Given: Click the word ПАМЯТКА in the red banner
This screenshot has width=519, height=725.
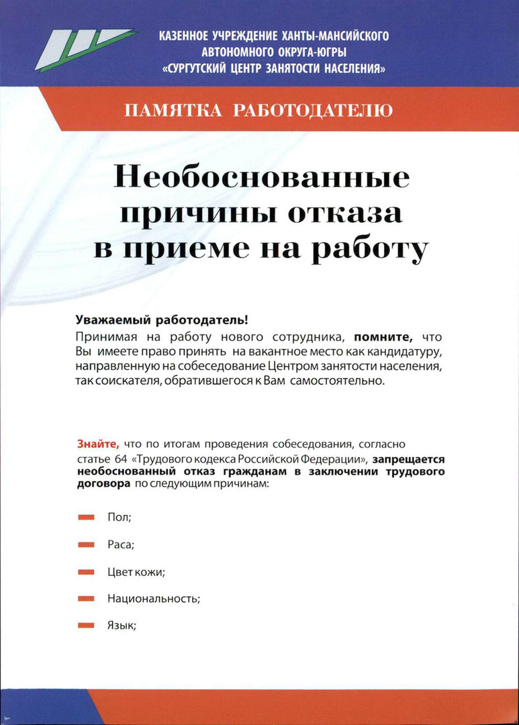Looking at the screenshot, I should click(173, 110).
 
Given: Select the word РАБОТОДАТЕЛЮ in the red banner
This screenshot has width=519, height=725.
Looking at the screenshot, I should click(312, 110).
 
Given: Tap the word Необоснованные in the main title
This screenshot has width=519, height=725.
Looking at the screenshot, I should click(262, 179).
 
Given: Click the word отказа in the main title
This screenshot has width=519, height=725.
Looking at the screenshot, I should click(346, 213).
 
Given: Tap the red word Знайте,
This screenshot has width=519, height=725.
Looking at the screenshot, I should click(98, 444).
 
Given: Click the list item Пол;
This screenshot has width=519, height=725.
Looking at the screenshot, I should click(119, 518).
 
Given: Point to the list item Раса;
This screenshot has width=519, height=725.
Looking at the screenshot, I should click(121, 545).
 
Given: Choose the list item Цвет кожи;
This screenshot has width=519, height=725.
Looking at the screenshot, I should click(136, 572).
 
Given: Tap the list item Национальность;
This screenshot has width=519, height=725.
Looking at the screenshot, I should click(154, 599).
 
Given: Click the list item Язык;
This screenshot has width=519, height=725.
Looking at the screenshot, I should click(122, 626).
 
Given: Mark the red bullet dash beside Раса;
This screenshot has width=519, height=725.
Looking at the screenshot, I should click(86, 545).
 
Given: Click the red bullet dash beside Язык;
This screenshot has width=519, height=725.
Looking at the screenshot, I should click(86, 626).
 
